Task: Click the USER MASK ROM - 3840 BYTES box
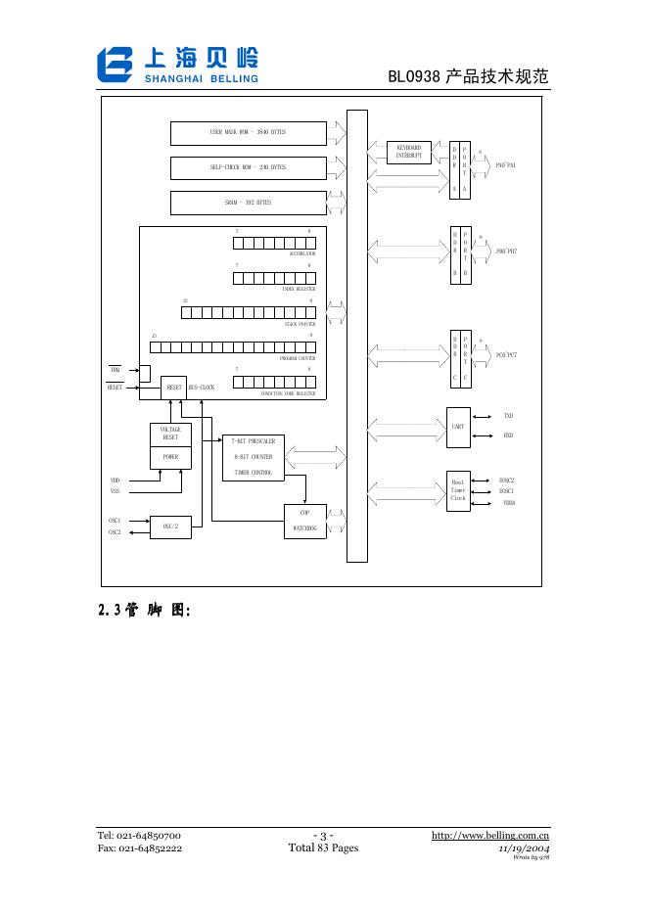coord(248,132)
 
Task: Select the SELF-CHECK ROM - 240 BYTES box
coord(248,167)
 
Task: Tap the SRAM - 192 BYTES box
coord(248,203)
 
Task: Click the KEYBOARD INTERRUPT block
coord(408,152)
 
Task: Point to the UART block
coord(458,427)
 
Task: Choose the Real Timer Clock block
coord(458,489)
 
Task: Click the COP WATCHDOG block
coord(304,520)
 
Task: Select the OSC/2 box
coord(169,527)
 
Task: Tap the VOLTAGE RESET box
coord(170,434)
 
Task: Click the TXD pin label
coord(508,416)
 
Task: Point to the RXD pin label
coord(508,435)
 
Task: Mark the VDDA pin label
coord(509,502)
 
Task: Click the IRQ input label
coord(116,370)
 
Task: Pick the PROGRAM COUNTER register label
coord(297,358)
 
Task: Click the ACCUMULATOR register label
coord(301,253)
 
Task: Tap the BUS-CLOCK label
coord(202,388)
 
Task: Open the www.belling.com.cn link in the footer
coord(490,835)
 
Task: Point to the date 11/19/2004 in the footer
coord(525,848)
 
